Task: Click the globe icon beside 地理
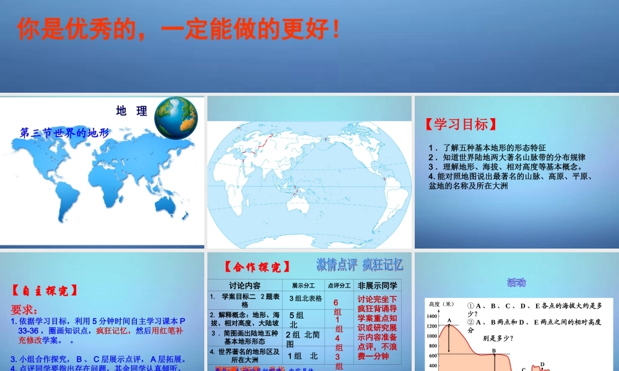coord(176,118)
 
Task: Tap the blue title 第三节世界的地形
coord(64,132)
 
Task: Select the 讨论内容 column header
coord(245,285)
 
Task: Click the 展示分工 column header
coord(303,285)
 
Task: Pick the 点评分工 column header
coord(339,285)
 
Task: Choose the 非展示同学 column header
coord(378,285)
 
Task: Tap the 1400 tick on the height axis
coord(432,316)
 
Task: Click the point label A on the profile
coord(449,320)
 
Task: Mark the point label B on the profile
coord(494,351)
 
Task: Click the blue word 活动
coord(516,283)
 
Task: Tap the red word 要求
coord(24,309)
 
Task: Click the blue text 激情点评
coord(337,265)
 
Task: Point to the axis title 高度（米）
coord(441,304)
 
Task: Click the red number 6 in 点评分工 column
coord(336,302)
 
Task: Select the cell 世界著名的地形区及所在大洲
coord(245,355)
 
